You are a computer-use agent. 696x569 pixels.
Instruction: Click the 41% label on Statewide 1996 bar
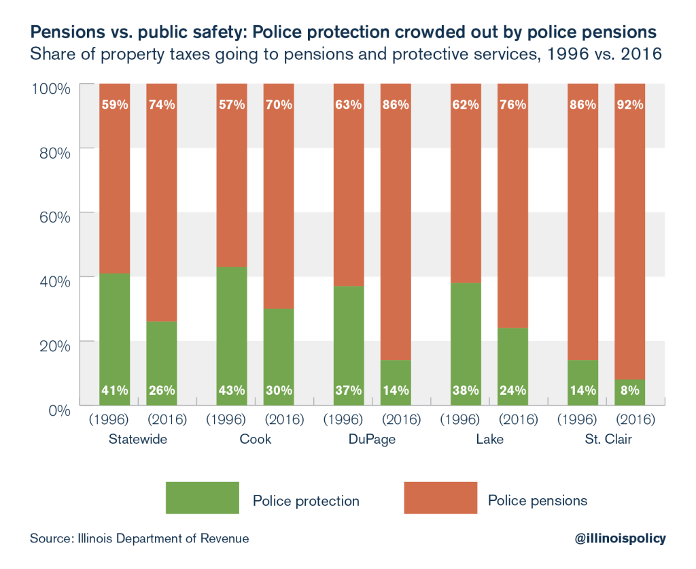[114, 391]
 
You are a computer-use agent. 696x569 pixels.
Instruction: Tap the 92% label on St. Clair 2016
[629, 105]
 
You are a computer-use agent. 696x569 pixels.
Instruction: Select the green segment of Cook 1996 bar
[232, 327]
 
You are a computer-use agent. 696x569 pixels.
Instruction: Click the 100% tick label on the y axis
[50, 88]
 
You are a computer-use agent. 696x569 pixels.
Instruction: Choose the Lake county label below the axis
[489, 439]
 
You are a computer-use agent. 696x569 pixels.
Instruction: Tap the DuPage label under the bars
[372, 439]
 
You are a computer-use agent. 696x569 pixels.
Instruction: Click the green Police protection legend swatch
[203, 498]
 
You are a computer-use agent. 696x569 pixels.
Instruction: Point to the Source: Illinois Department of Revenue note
[139, 538]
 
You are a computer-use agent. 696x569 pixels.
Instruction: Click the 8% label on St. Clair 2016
[629, 391]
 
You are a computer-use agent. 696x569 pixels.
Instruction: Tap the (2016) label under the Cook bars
[279, 419]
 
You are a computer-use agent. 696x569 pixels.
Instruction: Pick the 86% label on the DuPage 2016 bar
[396, 105]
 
